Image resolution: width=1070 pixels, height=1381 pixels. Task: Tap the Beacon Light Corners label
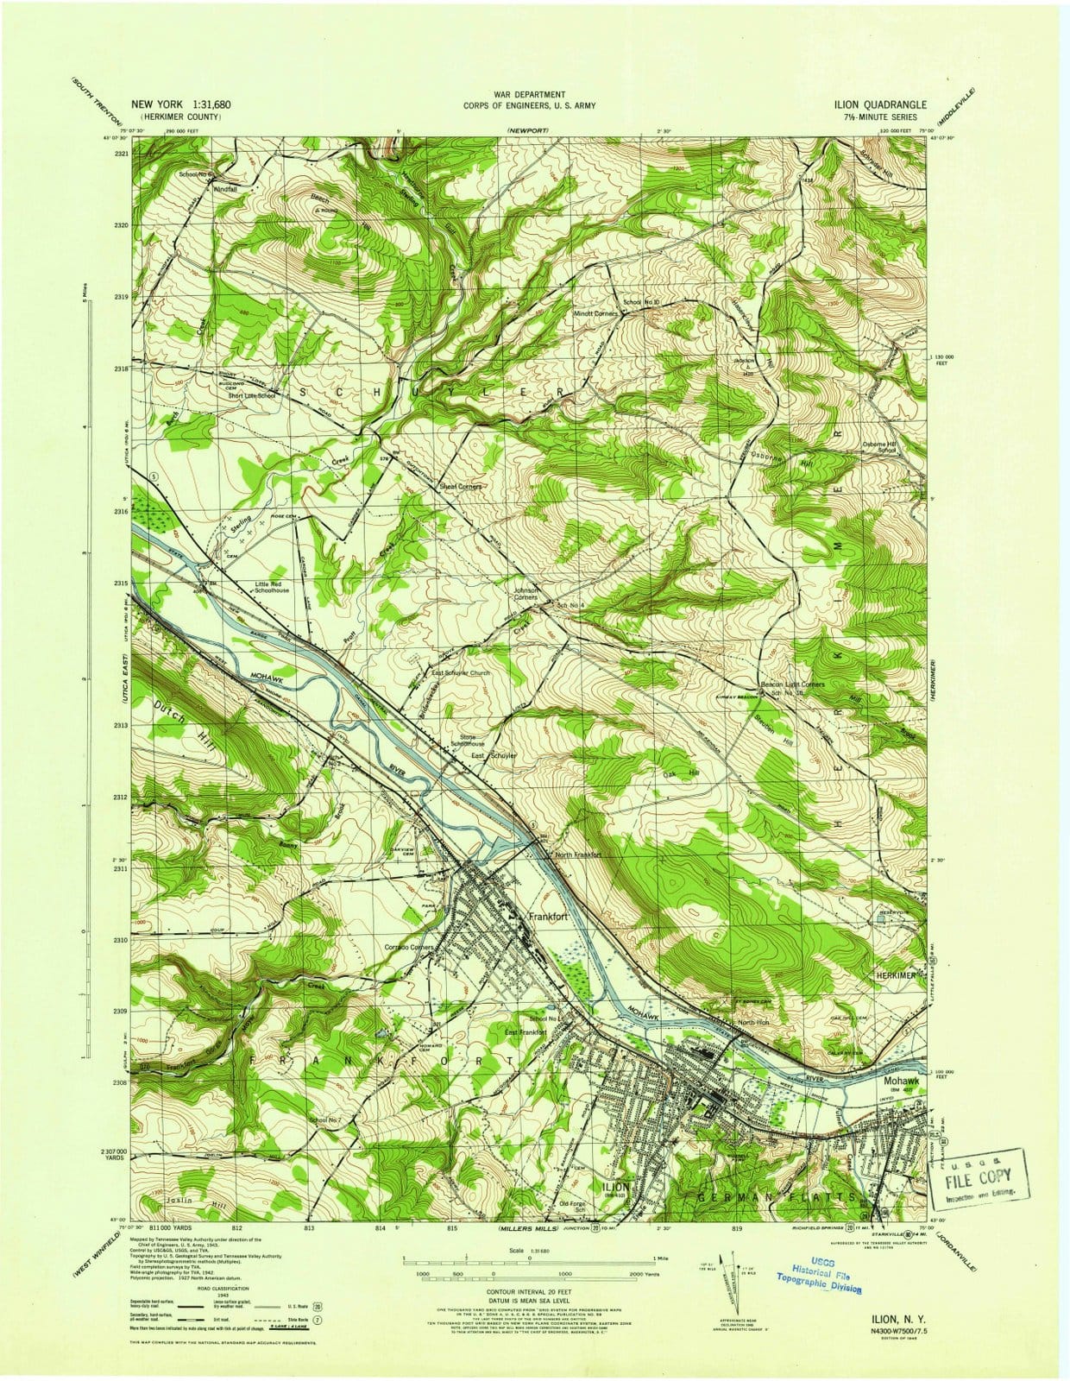tap(798, 684)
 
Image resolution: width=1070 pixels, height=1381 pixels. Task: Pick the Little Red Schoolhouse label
tap(266, 588)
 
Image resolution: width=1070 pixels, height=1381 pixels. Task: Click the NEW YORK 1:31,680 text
tap(180, 104)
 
